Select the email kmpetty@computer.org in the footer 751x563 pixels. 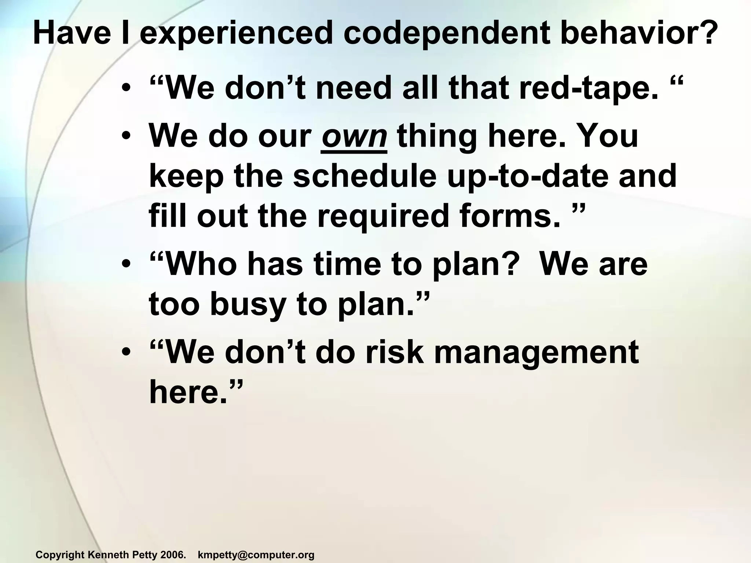point(256,555)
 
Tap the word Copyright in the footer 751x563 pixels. point(60,555)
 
